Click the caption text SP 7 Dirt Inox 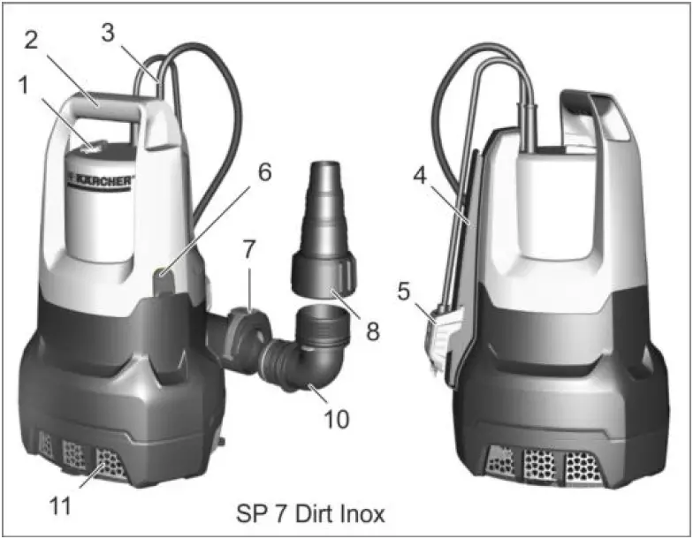(x=311, y=513)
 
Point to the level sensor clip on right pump (x=440, y=332)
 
